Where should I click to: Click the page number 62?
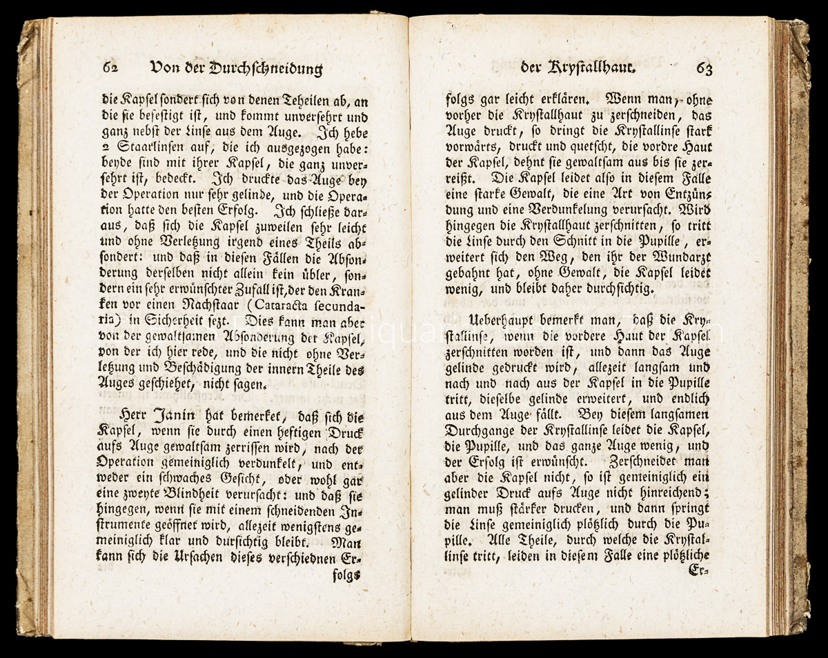[x=111, y=68]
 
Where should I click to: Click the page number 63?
[x=704, y=68]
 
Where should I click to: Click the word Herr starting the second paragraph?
[x=135, y=415]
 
